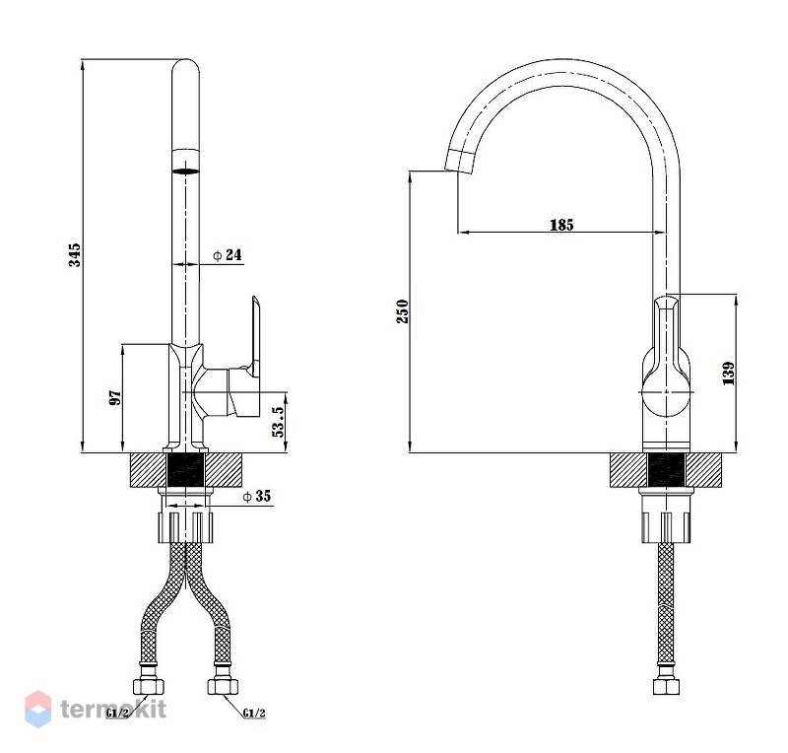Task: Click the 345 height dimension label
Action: [x=75, y=254]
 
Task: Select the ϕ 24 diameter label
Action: [x=228, y=255]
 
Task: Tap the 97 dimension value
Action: [x=115, y=398]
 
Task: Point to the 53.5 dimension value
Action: [x=278, y=421]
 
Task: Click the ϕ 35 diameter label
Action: [x=256, y=497]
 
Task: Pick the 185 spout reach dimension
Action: [x=561, y=225]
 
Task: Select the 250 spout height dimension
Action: [x=403, y=310]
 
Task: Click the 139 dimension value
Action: [x=728, y=374]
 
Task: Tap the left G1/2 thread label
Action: [x=117, y=713]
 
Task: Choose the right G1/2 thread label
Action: [x=254, y=713]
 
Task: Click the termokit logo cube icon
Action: [x=38, y=710]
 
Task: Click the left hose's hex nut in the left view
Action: [x=149, y=686]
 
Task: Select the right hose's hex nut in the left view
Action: [x=224, y=686]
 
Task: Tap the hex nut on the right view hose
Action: [x=667, y=686]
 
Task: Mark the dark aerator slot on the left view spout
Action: [x=185, y=171]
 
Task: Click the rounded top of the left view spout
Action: [x=185, y=66]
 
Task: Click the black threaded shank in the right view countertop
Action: [x=667, y=470]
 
